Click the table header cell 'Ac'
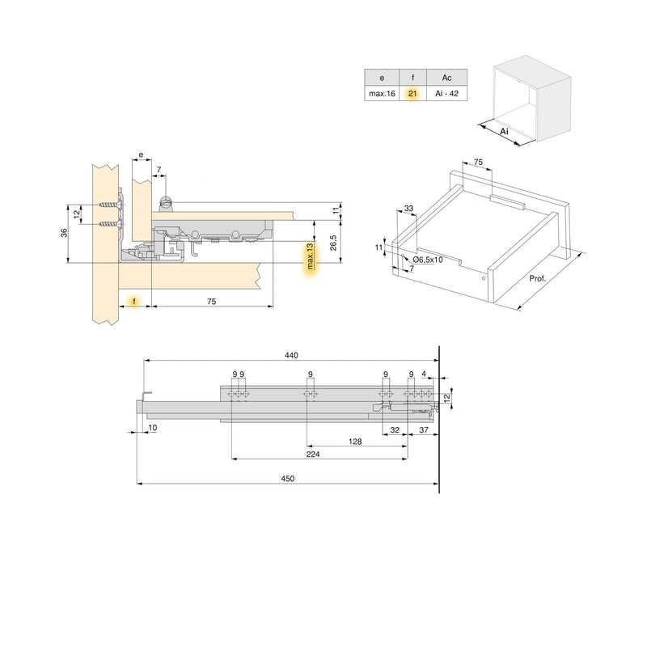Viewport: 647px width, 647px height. click(447, 78)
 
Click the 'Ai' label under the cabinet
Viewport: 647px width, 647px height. click(503, 131)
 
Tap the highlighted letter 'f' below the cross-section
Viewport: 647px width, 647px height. click(133, 301)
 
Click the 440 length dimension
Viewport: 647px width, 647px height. click(291, 355)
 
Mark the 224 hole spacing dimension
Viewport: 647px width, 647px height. click(315, 455)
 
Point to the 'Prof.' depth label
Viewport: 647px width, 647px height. click(537, 279)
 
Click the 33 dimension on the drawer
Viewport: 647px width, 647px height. click(408, 209)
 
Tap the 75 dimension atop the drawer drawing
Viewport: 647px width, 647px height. click(478, 163)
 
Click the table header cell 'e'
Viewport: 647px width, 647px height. click(382, 78)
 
